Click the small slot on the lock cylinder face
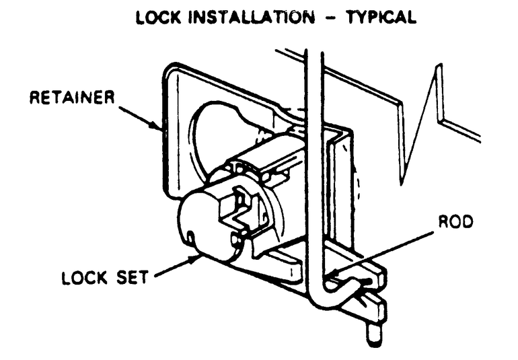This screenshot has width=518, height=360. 192,238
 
